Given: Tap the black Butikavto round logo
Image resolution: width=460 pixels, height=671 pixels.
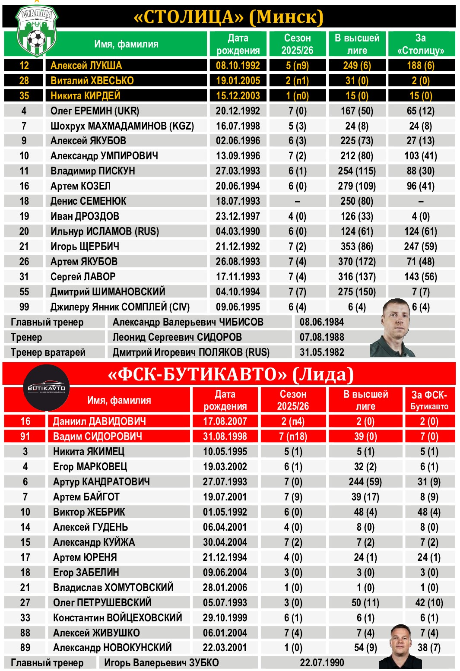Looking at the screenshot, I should pos(46,387).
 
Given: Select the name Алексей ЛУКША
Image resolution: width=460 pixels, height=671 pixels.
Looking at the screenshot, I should pos(86,66).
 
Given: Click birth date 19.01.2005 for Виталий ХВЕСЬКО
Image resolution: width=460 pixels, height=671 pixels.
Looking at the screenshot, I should pos(238,81).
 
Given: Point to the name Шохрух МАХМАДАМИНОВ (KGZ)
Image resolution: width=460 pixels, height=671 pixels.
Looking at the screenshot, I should pos(122,126).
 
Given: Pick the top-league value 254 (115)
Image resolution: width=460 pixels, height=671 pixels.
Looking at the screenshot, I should pos(357,171).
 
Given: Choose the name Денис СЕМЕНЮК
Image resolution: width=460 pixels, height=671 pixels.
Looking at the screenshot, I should pos(89,201).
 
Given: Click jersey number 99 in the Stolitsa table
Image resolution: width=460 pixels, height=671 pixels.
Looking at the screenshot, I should pos(24,307).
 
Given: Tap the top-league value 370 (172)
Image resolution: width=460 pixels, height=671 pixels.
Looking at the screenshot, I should pos(357,262).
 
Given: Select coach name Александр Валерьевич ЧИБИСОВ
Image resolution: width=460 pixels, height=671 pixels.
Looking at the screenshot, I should pos(188,322).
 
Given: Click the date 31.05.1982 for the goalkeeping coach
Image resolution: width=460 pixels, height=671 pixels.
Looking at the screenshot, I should pos(322,352).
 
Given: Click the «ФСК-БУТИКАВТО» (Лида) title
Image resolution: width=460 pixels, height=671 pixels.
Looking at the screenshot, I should pos(231,374).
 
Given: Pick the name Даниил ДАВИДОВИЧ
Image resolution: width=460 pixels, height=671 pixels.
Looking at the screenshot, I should pos(99,421).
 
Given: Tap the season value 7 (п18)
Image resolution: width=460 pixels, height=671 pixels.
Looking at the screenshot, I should pos(293,437).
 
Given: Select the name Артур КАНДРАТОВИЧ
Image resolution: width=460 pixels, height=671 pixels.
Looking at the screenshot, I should pos(102,482).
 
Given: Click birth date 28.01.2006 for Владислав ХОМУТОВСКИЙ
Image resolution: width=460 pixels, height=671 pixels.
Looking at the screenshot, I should pos(225,588).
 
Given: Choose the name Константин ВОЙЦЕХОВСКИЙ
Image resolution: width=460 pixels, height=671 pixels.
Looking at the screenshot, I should pos(117,618).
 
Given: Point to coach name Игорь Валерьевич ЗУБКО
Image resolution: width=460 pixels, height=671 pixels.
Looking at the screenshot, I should pos(162,663).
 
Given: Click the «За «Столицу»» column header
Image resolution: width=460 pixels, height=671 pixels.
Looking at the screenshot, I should pos(421,44).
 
